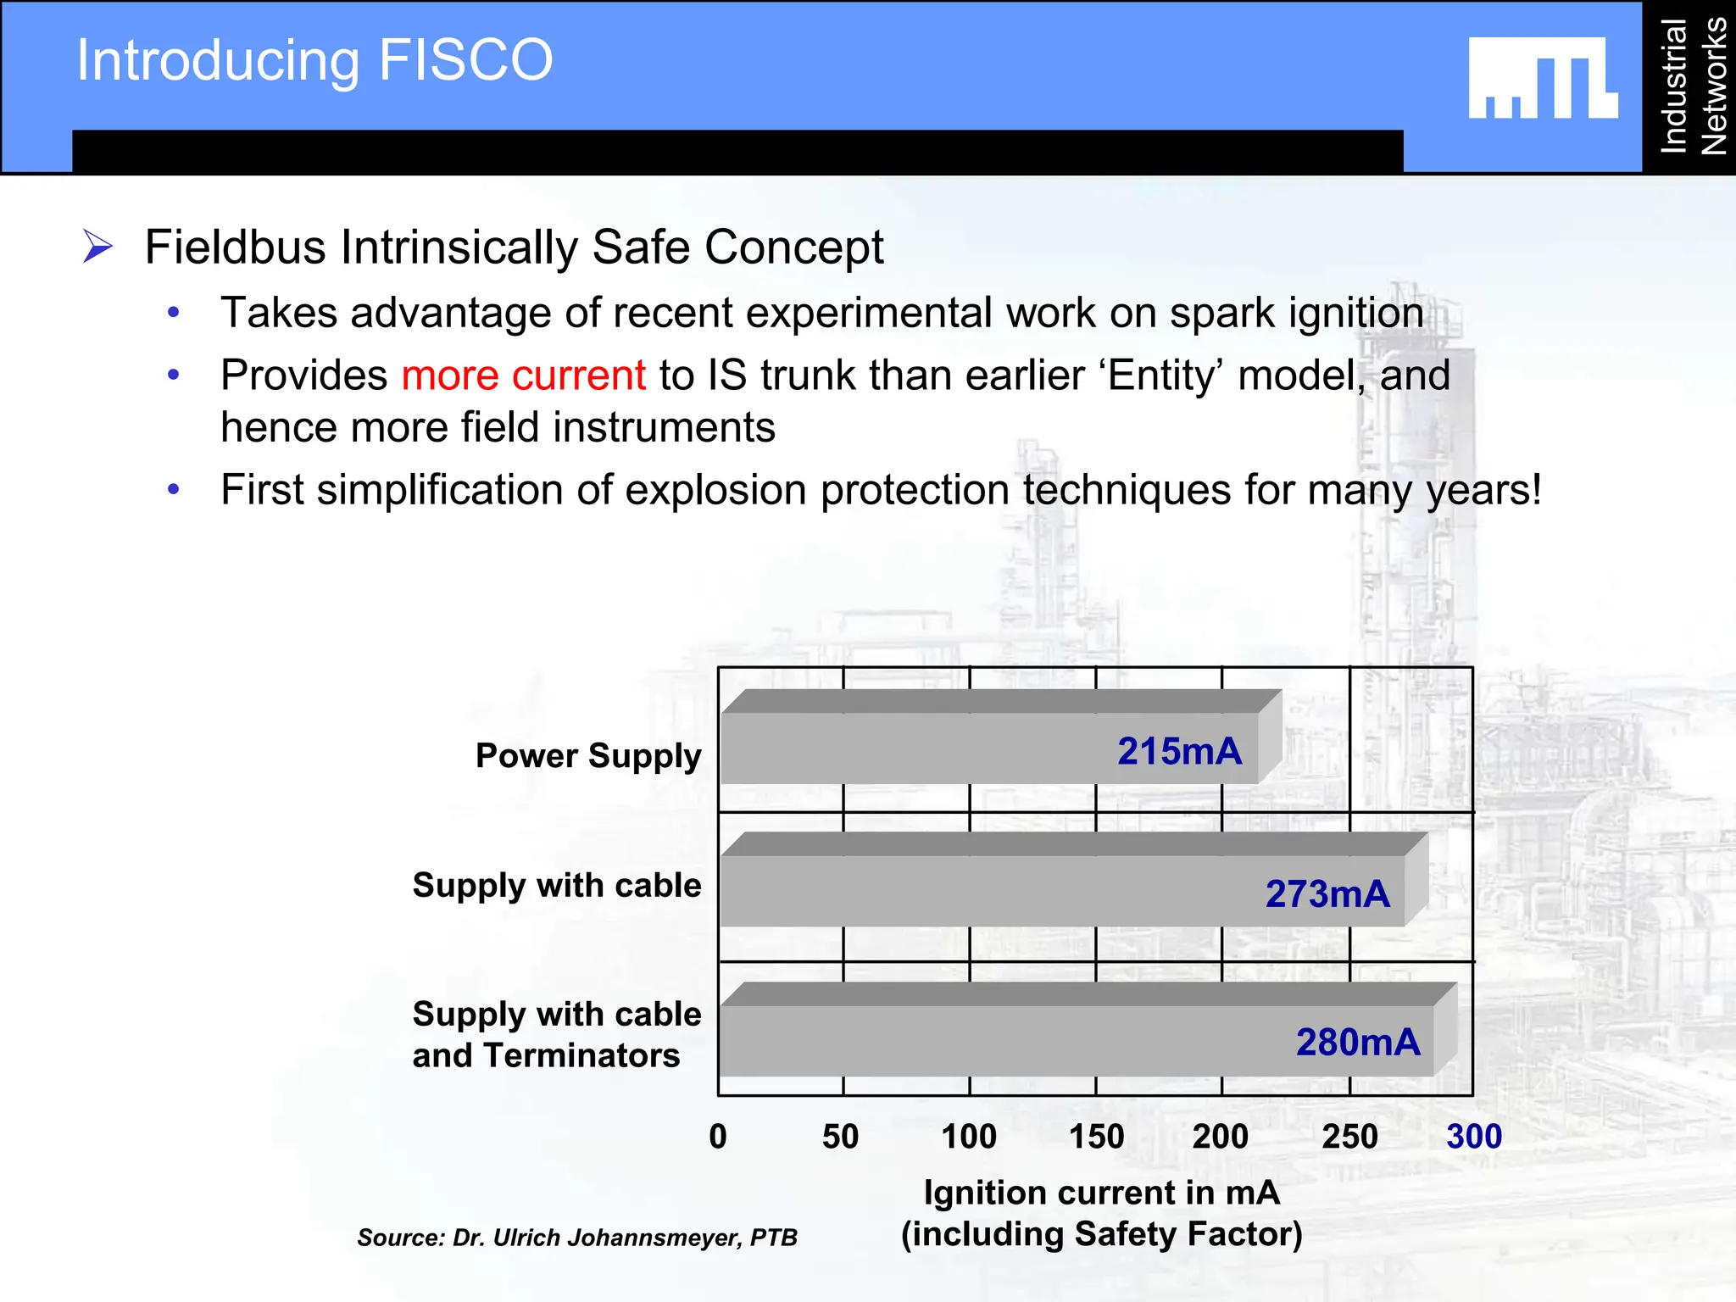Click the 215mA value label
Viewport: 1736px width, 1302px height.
pos(1179,752)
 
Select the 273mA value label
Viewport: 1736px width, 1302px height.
pos(1327,894)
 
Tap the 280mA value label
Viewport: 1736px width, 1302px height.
pos(1358,1043)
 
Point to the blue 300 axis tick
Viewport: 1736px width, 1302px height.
pos(1474,1137)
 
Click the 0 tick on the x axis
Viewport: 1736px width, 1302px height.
pos(718,1137)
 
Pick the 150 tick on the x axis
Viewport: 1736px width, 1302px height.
pos(1096,1137)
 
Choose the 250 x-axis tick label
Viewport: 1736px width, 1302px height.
pos(1349,1137)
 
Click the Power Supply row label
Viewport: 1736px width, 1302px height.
pos(588,756)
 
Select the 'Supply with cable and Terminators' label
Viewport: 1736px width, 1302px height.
pos(556,1035)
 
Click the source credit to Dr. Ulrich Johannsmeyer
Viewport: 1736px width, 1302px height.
pos(577,1238)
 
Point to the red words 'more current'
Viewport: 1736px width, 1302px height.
pos(523,376)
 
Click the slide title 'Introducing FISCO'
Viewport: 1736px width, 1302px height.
pos(314,60)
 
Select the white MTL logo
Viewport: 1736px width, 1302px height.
pos(1543,78)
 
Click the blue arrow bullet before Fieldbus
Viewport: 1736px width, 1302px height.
pos(98,247)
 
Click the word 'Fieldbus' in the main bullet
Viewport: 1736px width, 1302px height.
pos(235,248)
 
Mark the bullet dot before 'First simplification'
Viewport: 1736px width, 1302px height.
pos(174,489)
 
